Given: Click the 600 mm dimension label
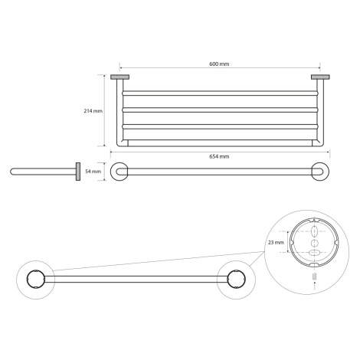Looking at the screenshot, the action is (x=219, y=64).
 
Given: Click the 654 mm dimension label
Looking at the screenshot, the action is (x=219, y=156).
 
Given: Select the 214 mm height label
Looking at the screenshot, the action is (x=93, y=111).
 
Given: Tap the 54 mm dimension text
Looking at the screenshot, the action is (x=93, y=172).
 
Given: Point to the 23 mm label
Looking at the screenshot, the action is (x=276, y=242).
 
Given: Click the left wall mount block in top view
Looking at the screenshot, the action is (x=119, y=77).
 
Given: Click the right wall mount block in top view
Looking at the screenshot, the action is (x=320, y=77).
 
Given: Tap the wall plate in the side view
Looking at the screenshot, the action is (x=78, y=172).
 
